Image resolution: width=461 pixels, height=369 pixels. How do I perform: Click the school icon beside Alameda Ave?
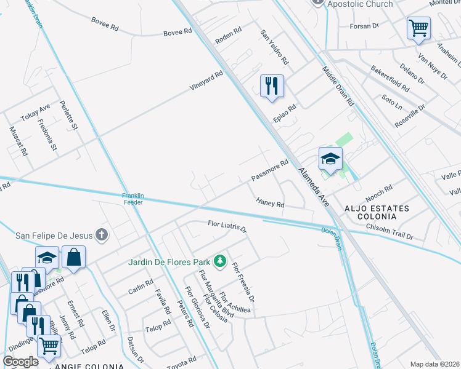330,159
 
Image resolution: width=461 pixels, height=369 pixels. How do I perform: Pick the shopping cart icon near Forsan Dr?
418,28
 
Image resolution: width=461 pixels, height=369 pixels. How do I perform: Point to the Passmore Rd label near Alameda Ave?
270,172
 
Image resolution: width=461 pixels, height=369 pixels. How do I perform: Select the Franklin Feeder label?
133,199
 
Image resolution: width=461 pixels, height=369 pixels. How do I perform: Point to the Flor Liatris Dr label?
227,226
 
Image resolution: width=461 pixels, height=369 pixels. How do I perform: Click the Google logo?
20,361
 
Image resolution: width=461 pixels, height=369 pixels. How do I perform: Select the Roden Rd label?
227,38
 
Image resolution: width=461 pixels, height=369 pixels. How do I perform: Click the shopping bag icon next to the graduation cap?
73,258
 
